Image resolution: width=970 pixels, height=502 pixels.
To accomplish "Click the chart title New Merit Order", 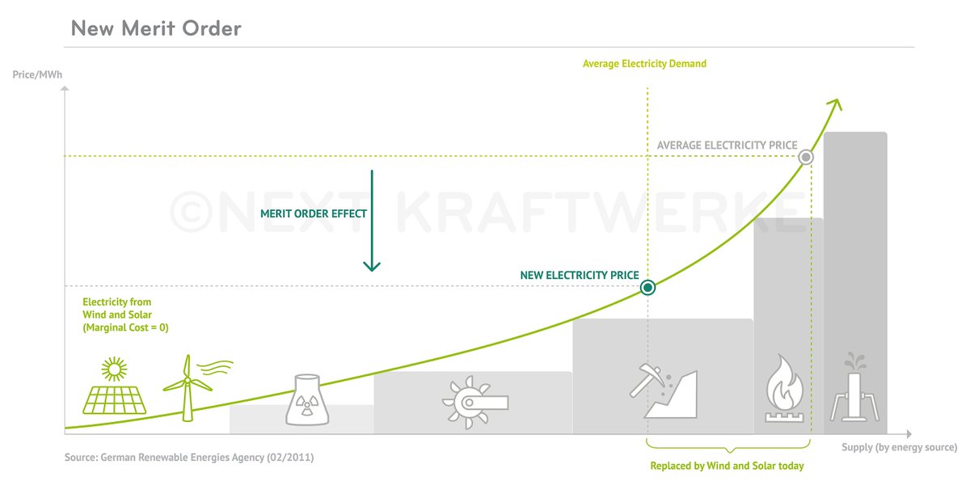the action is (x=156, y=29).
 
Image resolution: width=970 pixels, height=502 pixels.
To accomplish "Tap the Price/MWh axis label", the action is (x=38, y=74).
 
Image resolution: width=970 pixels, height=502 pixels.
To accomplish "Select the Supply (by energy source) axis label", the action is (x=899, y=447).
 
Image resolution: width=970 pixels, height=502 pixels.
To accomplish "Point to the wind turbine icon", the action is (x=189, y=386).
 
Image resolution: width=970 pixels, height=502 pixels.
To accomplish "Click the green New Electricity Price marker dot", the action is (x=647, y=287).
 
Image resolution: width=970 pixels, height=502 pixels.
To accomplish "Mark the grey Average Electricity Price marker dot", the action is (x=805, y=158).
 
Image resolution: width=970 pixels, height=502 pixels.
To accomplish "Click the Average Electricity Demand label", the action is (x=644, y=64).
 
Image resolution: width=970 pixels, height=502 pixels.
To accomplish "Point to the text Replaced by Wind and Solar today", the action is (x=727, y=466).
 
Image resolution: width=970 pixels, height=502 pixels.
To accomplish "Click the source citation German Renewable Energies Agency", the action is (x=189, y=458).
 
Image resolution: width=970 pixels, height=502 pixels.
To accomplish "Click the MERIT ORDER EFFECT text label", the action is (x=314, y=214).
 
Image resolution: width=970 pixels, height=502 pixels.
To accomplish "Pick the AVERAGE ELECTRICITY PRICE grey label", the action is (x=727, y=146).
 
